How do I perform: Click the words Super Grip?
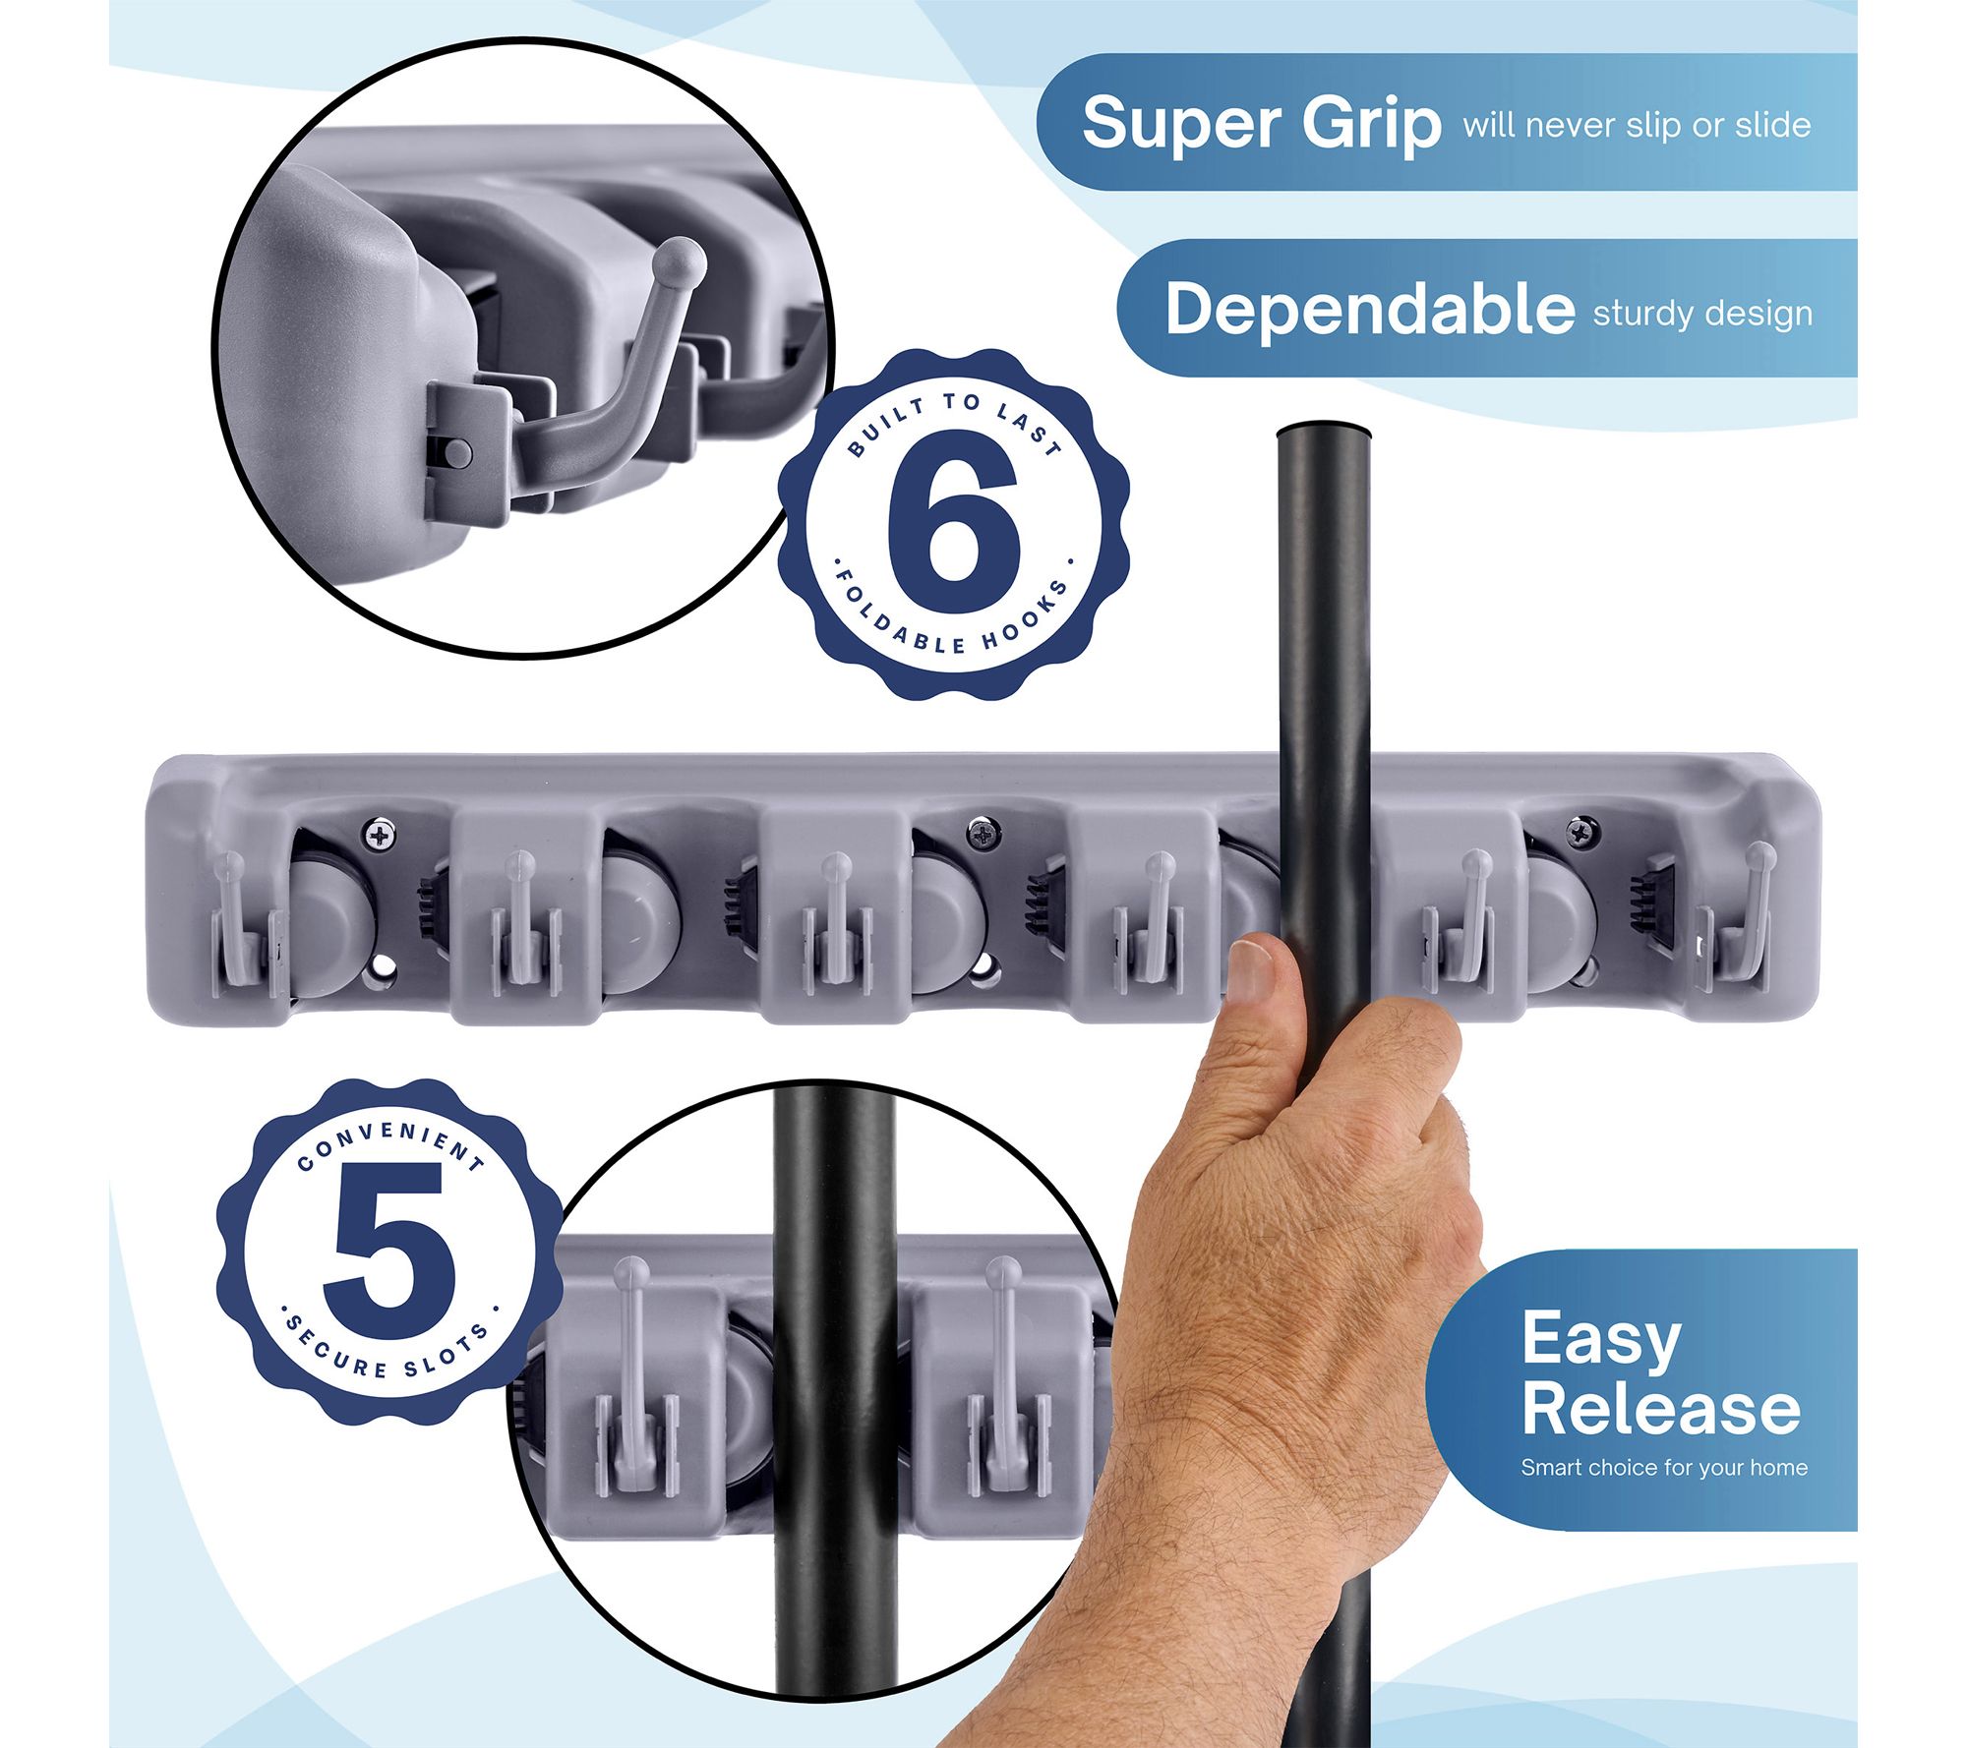click(x=1261, y=125)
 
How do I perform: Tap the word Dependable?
click(x=1369, y=309)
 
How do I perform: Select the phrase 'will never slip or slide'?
click(x=1637, y=126)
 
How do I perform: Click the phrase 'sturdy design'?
click(x=1702, y=314)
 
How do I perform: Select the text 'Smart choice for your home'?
click(x=1664, y=1468)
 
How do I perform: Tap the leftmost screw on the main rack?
click(x=379, y=836)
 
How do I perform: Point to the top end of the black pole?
click(x=1323, y=431)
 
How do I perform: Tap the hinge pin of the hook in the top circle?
click(x=457, y=452)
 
